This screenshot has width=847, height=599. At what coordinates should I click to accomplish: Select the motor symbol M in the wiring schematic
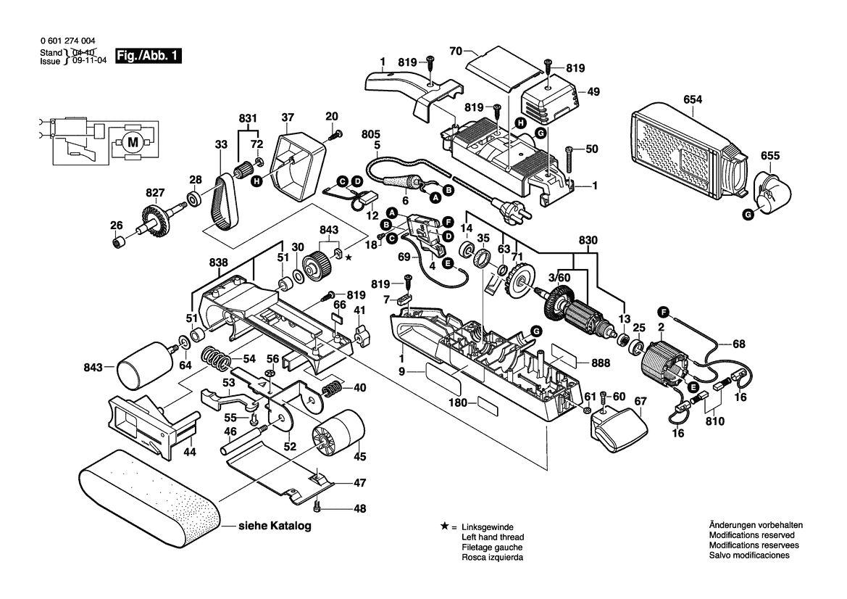[133, 143]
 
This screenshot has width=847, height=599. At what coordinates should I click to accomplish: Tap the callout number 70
[456, 52]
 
